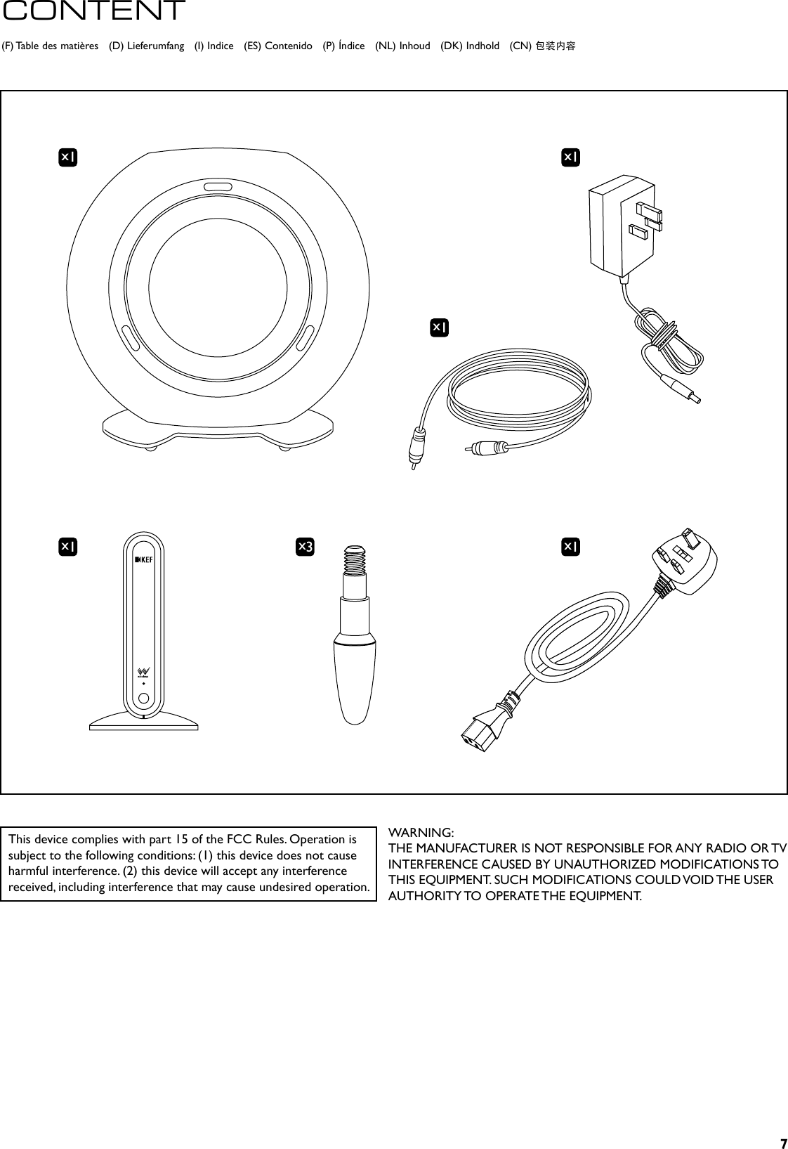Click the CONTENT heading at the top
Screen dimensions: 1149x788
click(93, 11)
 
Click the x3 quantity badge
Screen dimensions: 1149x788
click(305, 546)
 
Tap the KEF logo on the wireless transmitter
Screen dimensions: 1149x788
click(143, 559)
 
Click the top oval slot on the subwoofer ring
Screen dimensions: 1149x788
click(218, 187)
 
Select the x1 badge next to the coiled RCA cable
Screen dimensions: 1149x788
click(440, 327)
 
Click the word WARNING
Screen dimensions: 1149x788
click(421, 833)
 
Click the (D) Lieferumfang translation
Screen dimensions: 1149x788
click(147, 46)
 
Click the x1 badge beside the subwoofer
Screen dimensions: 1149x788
click(67, 158)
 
